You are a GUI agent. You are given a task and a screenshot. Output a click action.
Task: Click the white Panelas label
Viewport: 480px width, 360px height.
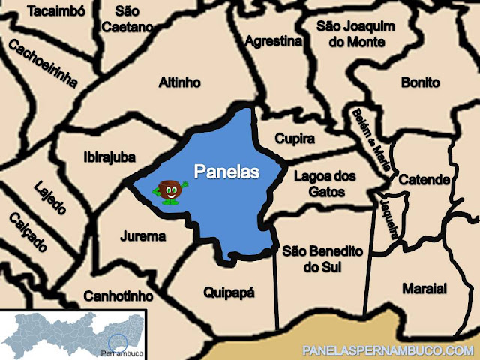click(x=226, y=172)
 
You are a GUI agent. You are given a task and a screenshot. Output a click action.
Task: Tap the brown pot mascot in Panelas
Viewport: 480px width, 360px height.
click(x=170, y=191)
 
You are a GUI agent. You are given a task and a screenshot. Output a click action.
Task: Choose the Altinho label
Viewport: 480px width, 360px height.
click(x=180, y=82)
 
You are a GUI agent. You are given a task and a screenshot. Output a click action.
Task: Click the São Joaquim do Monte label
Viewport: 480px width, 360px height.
click(x=355, y=34)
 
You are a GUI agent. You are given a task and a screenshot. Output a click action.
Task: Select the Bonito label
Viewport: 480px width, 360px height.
click(x=420, y=82)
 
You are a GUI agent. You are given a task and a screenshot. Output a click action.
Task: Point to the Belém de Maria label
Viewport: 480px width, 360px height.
click(x=370, y=139)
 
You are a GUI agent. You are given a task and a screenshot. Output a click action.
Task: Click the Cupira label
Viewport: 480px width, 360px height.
click(x=294, y=139)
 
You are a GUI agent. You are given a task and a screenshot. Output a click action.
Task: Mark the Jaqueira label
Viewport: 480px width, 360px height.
click(x=388, y=218)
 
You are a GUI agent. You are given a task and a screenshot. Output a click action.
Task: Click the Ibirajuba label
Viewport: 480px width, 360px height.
click(x=109, y=157)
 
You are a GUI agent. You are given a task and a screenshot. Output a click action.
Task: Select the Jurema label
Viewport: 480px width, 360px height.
click(x=142, y=236)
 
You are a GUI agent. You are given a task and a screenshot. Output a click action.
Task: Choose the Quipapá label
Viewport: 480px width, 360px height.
click(x=229, y=292)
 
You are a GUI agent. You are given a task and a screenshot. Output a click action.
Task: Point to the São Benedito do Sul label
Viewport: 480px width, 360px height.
click(x=322, y=259)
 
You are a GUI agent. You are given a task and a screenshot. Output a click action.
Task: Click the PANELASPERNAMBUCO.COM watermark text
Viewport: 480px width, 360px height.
click(x=388, y=350)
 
